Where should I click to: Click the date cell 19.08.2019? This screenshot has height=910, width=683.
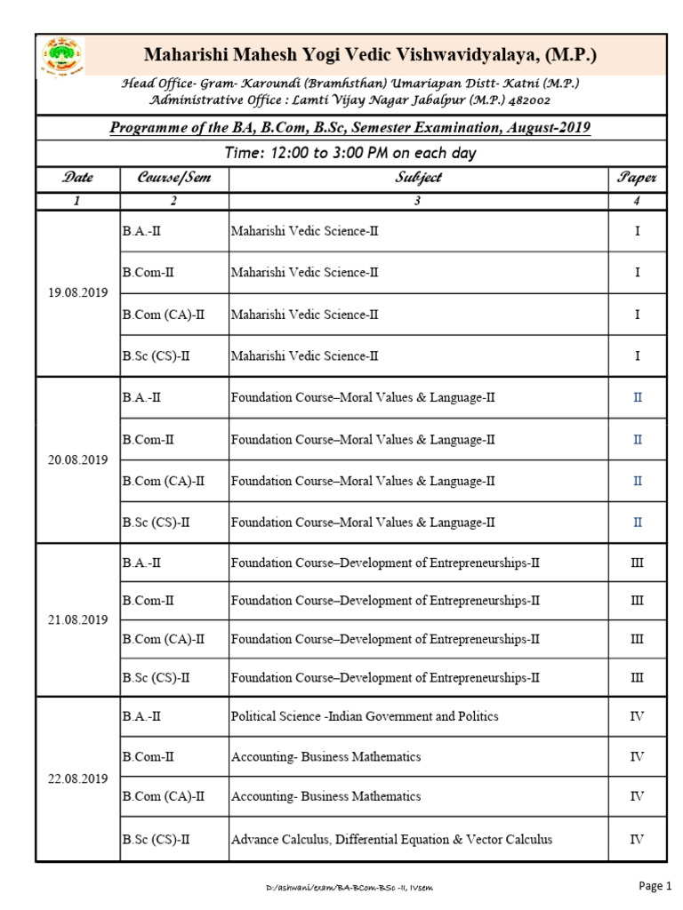pos(77,292)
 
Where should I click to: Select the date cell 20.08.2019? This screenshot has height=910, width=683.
pos(77,459)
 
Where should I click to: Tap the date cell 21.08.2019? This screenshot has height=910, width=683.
pos(77,619)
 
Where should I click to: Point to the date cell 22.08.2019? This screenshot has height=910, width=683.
pos(77,778)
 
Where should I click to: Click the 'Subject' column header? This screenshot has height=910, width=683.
pos(418,178)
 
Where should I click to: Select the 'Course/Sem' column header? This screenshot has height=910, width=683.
pos(174,178)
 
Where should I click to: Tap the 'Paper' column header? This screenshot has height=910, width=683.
pos(637,178)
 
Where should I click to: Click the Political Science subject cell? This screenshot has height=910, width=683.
pos(365,716)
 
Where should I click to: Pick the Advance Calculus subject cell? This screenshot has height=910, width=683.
pos(391,839)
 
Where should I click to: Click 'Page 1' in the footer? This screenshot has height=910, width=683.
pos(655,886)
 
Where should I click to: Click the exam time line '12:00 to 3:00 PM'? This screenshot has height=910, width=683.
pos(350,153)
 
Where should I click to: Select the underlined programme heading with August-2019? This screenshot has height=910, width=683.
pos(350,128)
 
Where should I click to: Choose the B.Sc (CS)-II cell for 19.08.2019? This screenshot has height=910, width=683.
pos(156,355)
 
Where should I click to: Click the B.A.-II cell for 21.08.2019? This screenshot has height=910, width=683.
pos(141,563)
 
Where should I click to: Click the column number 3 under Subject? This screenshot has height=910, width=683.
pos(418,201)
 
